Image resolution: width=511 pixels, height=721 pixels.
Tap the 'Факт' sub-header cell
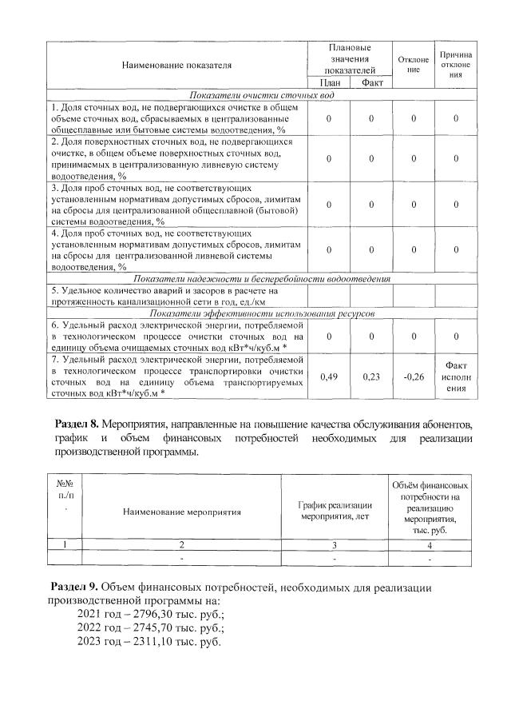371,83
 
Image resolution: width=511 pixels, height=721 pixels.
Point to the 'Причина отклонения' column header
455,65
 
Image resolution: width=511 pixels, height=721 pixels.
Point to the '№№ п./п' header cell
65,491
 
